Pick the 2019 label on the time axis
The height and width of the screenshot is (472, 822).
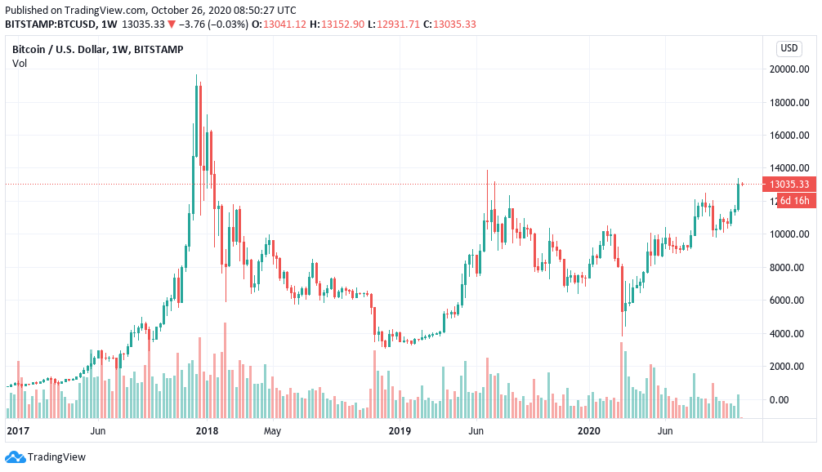click(x=399, y=430)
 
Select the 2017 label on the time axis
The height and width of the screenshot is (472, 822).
click(x=18, y=430)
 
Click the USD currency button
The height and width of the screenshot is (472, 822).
click(x=789, y=47)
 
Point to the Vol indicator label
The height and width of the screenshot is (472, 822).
click(x=20, y=64)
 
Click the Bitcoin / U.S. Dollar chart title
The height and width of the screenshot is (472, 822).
click(x=97, y=50)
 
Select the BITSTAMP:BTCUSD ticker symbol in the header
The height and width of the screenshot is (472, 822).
click(x=48, y=24)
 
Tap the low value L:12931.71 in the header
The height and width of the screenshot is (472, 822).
click(x=398, y=24)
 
